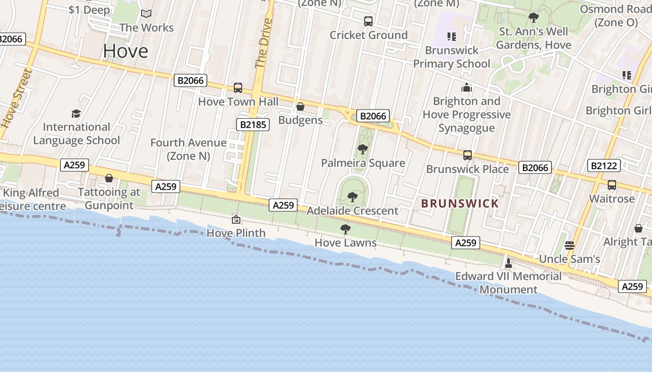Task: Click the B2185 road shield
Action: (x=253, y=124)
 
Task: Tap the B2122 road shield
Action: (x=604, y=166)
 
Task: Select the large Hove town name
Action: (x=126, y=51)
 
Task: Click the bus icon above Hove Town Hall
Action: (x=238, y=87)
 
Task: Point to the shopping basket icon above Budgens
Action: (x=300, y=107)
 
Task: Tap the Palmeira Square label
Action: (x=363, y=163)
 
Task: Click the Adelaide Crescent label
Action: (x=353, y=211)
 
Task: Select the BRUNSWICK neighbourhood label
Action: (x=460, y=203)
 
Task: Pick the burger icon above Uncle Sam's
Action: (x=569, y=245)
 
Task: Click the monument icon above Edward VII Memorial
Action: (x=508, y=263)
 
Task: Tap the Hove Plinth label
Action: (x=236, y=232)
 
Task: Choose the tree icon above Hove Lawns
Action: (x=345, y=229)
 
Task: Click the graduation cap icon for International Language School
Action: (x=76, y=113)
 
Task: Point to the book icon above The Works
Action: (x=146, y=14)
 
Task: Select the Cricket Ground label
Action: (x=368, y=35)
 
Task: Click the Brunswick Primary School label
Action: (x=451, y=57)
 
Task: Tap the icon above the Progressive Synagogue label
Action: (x=467, y=87)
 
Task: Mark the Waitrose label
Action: (x=611, y=199)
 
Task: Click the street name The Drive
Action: (x=263, y=43)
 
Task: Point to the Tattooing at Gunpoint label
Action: (x=109, y=199)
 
